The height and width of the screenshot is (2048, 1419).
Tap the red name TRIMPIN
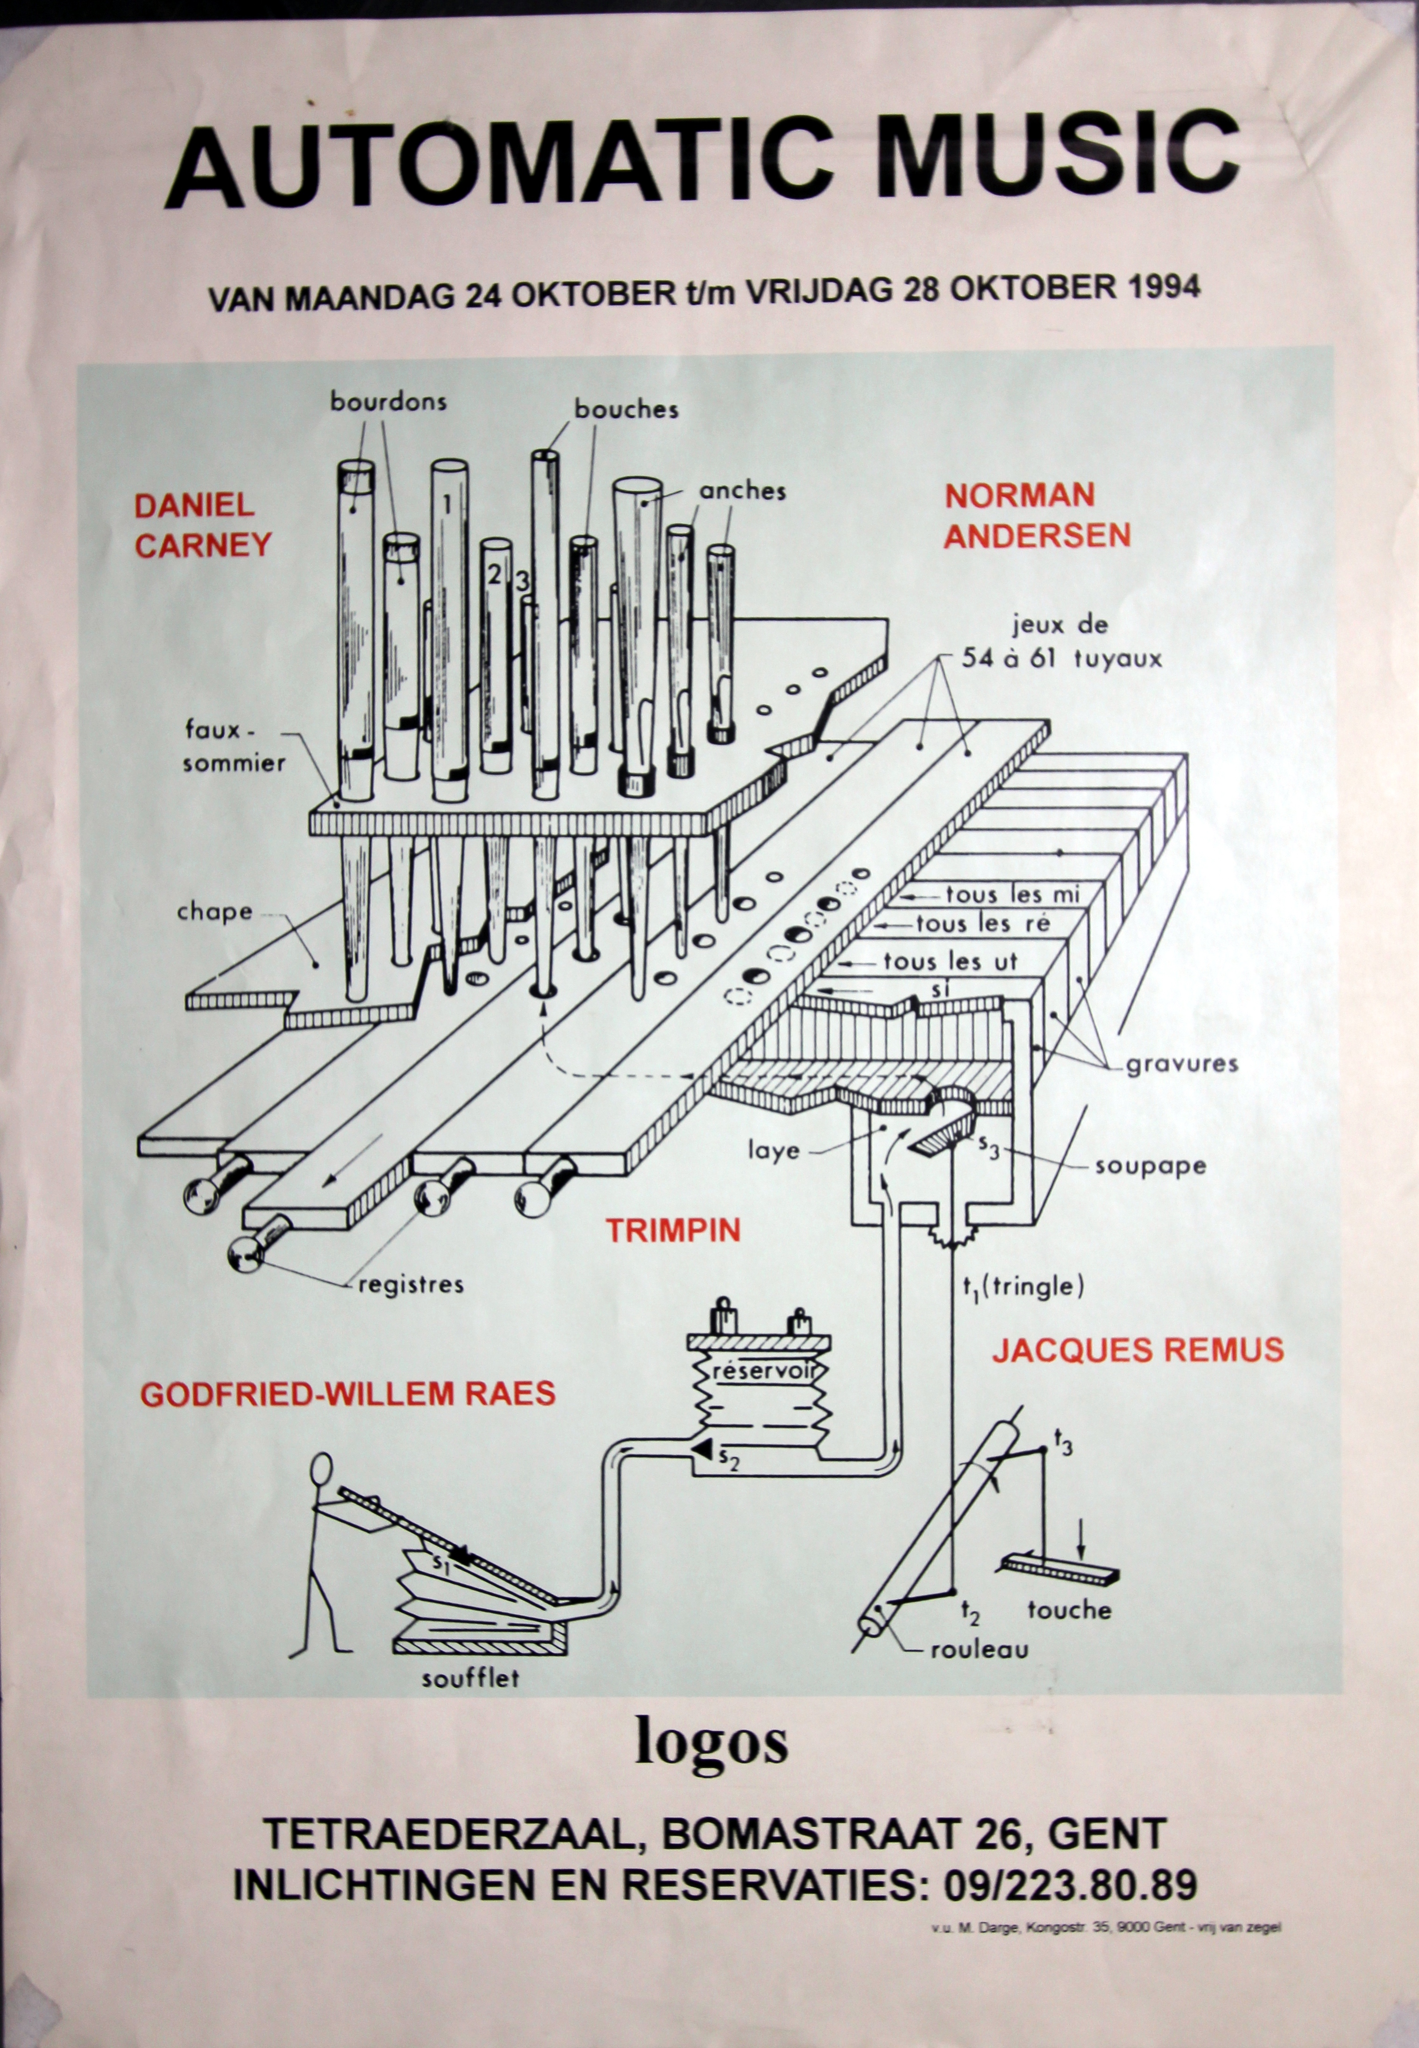673,1230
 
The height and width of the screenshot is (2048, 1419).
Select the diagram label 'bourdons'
388,402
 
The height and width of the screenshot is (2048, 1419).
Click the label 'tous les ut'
950,961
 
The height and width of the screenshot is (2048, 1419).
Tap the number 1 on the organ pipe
447,504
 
